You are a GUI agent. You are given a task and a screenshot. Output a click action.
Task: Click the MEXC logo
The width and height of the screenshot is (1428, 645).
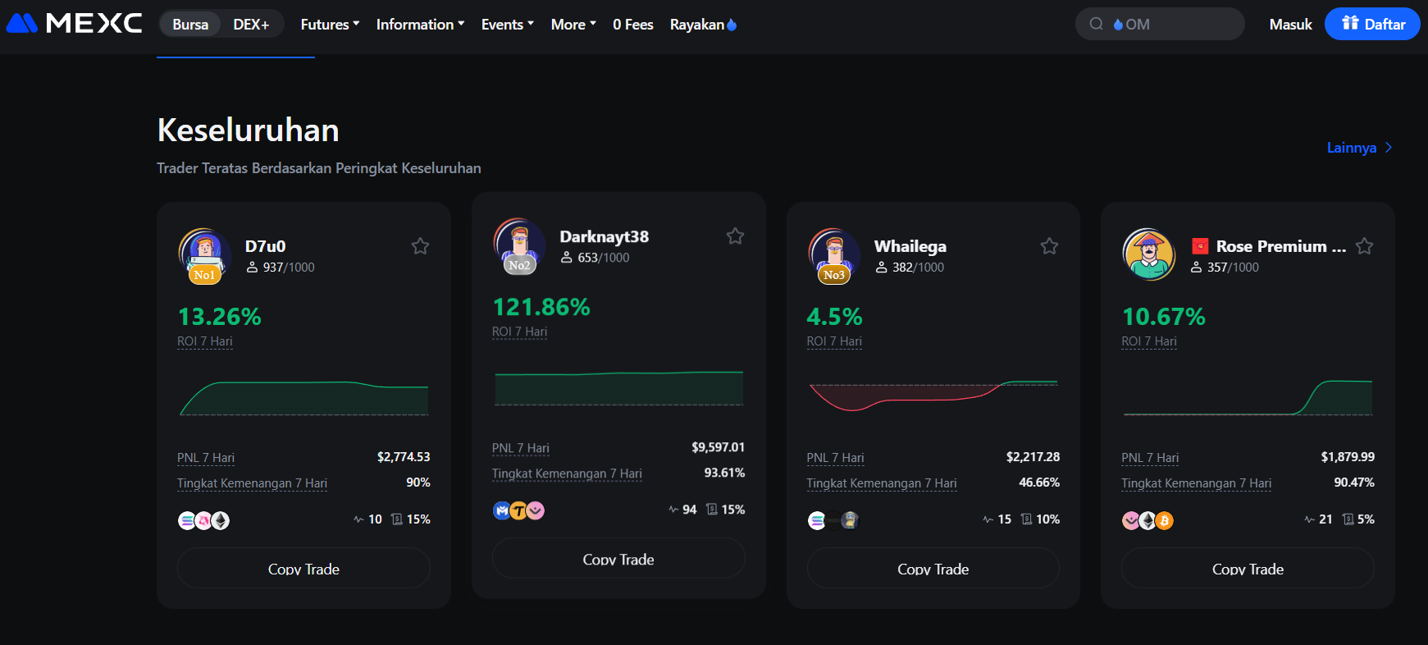[x=74, y=23]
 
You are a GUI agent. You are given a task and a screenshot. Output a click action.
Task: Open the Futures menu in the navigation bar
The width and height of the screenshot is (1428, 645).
[x=330, y=25]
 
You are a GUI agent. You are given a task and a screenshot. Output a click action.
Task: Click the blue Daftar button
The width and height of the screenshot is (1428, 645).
[x=1372, y=25]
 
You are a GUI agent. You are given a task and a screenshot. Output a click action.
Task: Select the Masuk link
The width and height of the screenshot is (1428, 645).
[x=1290, y=25]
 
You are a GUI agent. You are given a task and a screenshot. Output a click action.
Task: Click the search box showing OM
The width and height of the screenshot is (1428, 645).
[x=1160, y=25]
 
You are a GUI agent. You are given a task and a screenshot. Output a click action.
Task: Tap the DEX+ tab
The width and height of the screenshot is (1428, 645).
[x=251, y=25]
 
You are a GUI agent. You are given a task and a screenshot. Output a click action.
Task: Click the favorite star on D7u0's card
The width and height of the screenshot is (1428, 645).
[x=421, y=246]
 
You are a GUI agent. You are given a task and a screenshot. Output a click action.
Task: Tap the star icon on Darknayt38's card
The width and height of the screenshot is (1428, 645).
[x=735, y=236]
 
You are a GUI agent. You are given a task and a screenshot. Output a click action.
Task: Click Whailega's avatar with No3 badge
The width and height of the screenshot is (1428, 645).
[x=834, y=254]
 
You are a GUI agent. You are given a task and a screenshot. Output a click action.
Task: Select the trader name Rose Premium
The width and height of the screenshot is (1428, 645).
[x=1280, y=246]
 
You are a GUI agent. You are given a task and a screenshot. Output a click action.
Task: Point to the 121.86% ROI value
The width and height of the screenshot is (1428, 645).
[x=541, y=307]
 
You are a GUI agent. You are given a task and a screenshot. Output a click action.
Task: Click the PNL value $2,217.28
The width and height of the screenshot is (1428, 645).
[x=1033, y=457]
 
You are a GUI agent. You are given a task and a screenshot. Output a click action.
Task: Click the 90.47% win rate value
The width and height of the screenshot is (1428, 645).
[x=1353, y=483]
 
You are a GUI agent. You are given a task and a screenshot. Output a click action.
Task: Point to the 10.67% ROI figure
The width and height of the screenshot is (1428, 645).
[x=1163, y=317]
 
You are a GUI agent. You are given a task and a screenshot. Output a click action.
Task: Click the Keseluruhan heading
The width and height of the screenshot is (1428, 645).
[x=248, y=130]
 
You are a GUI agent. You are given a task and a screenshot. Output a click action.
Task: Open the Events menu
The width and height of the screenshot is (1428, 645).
[x=507, y=25]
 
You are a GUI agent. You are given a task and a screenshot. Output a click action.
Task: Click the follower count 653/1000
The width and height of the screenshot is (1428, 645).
[x=603, y=258]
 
